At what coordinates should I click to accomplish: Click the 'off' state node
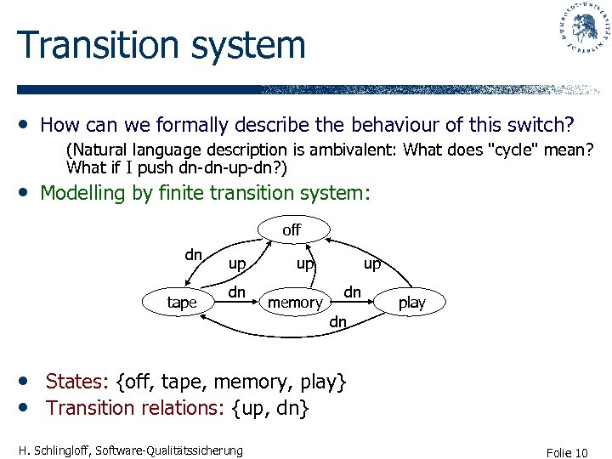(x=292, y=229)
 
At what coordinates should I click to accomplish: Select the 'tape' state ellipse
(x=182, y=303)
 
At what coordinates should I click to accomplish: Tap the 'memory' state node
(x=295, y=303)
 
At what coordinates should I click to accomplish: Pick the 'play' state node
(x=412, y=303)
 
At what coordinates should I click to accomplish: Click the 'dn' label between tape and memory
(x=237, y=292)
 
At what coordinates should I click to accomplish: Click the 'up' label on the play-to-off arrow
(x=372, y=264)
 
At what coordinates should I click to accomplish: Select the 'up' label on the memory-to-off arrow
(x=305, y=264)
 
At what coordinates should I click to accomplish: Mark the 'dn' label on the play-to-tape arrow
(x=337, y=321)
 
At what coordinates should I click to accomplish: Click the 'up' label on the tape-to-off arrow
(x=237, y=264)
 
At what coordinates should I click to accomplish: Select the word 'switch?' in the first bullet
(x=535, y=126)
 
